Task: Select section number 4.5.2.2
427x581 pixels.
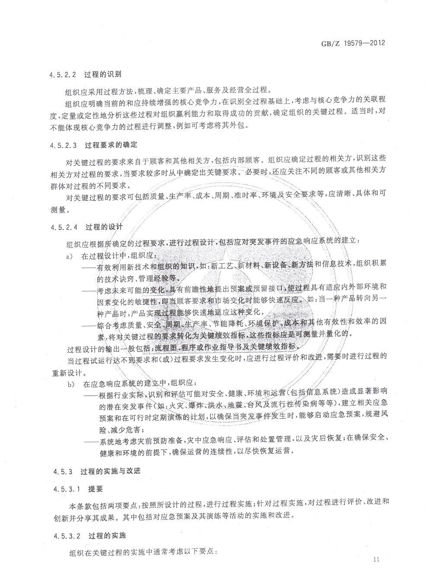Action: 63,74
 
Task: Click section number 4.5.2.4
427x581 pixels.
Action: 63,227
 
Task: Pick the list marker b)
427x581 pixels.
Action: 69,384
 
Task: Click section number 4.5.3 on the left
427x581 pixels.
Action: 59,471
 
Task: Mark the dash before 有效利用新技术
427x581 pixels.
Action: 89,267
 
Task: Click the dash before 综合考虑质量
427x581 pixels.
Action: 89,323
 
